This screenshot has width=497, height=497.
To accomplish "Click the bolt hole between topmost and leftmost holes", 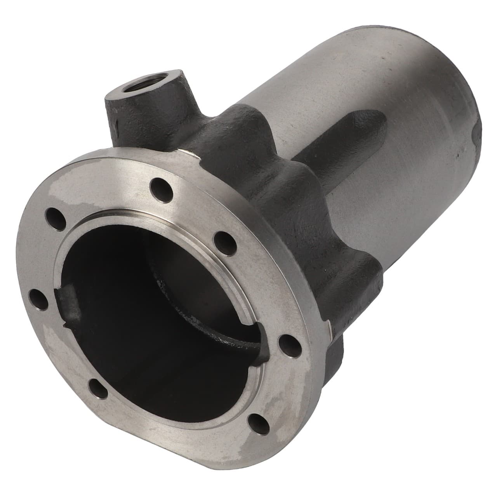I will (x=54, y=217).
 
